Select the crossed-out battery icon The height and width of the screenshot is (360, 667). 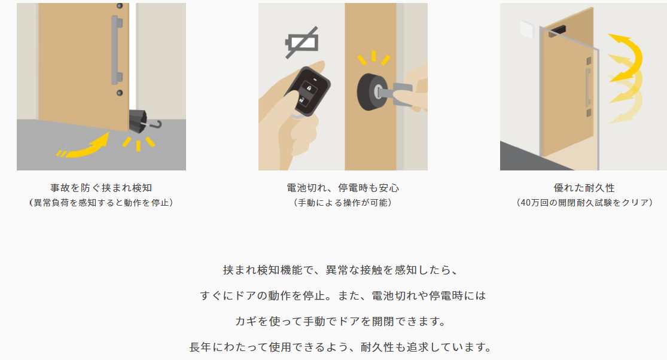coord(302,42)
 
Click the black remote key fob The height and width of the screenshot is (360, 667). coord(307,90)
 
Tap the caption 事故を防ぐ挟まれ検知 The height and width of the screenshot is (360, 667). coord(101,188)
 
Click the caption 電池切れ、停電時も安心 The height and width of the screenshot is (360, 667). coord(343,188)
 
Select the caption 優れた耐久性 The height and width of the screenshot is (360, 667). coord(584,188)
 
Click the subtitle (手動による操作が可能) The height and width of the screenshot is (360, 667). coord(343,203)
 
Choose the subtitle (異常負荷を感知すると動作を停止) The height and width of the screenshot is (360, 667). coord(101,203)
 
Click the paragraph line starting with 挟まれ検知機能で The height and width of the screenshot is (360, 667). coord(340,270)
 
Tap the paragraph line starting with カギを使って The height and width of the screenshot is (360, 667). coord(340,321)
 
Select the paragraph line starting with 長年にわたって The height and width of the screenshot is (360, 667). coord(340,347)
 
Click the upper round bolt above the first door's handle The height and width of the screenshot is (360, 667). coord(120,6)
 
